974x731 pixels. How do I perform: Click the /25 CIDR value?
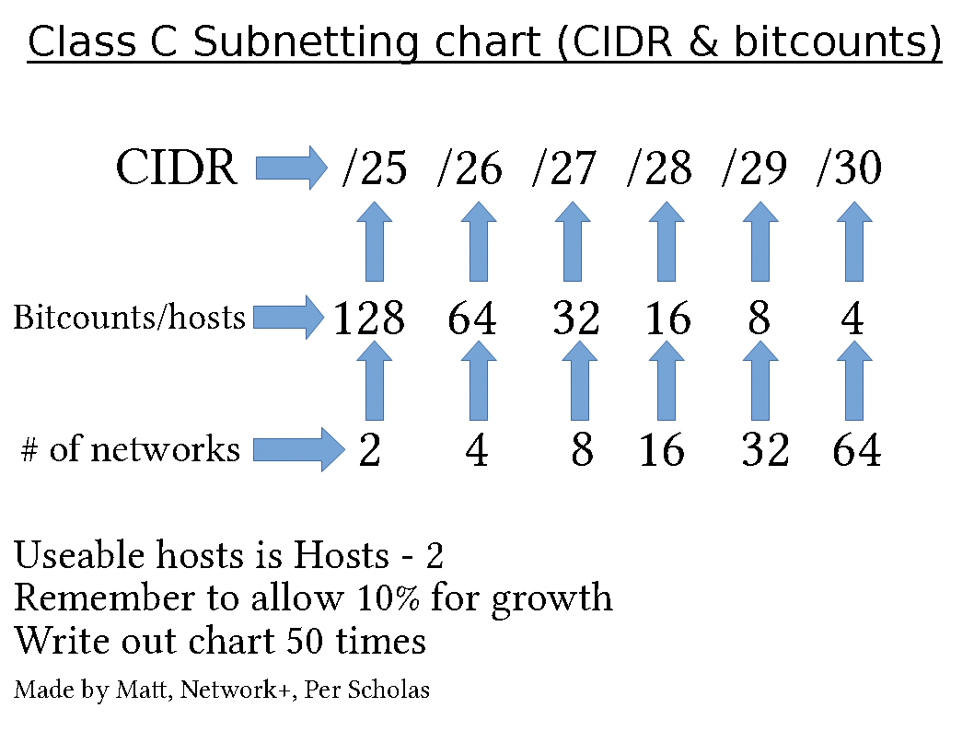374,169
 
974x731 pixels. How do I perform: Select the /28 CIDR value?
659,169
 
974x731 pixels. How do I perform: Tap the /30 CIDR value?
849,169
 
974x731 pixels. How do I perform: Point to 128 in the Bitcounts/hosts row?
368,319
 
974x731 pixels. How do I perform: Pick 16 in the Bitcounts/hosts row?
667,319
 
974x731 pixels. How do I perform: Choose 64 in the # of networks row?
856,451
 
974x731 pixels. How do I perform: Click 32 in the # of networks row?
765,451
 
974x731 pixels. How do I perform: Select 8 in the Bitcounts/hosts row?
759,319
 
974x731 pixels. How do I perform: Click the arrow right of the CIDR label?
291,168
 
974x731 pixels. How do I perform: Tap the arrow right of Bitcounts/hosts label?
289,318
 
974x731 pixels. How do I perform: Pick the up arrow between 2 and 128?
374,380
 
